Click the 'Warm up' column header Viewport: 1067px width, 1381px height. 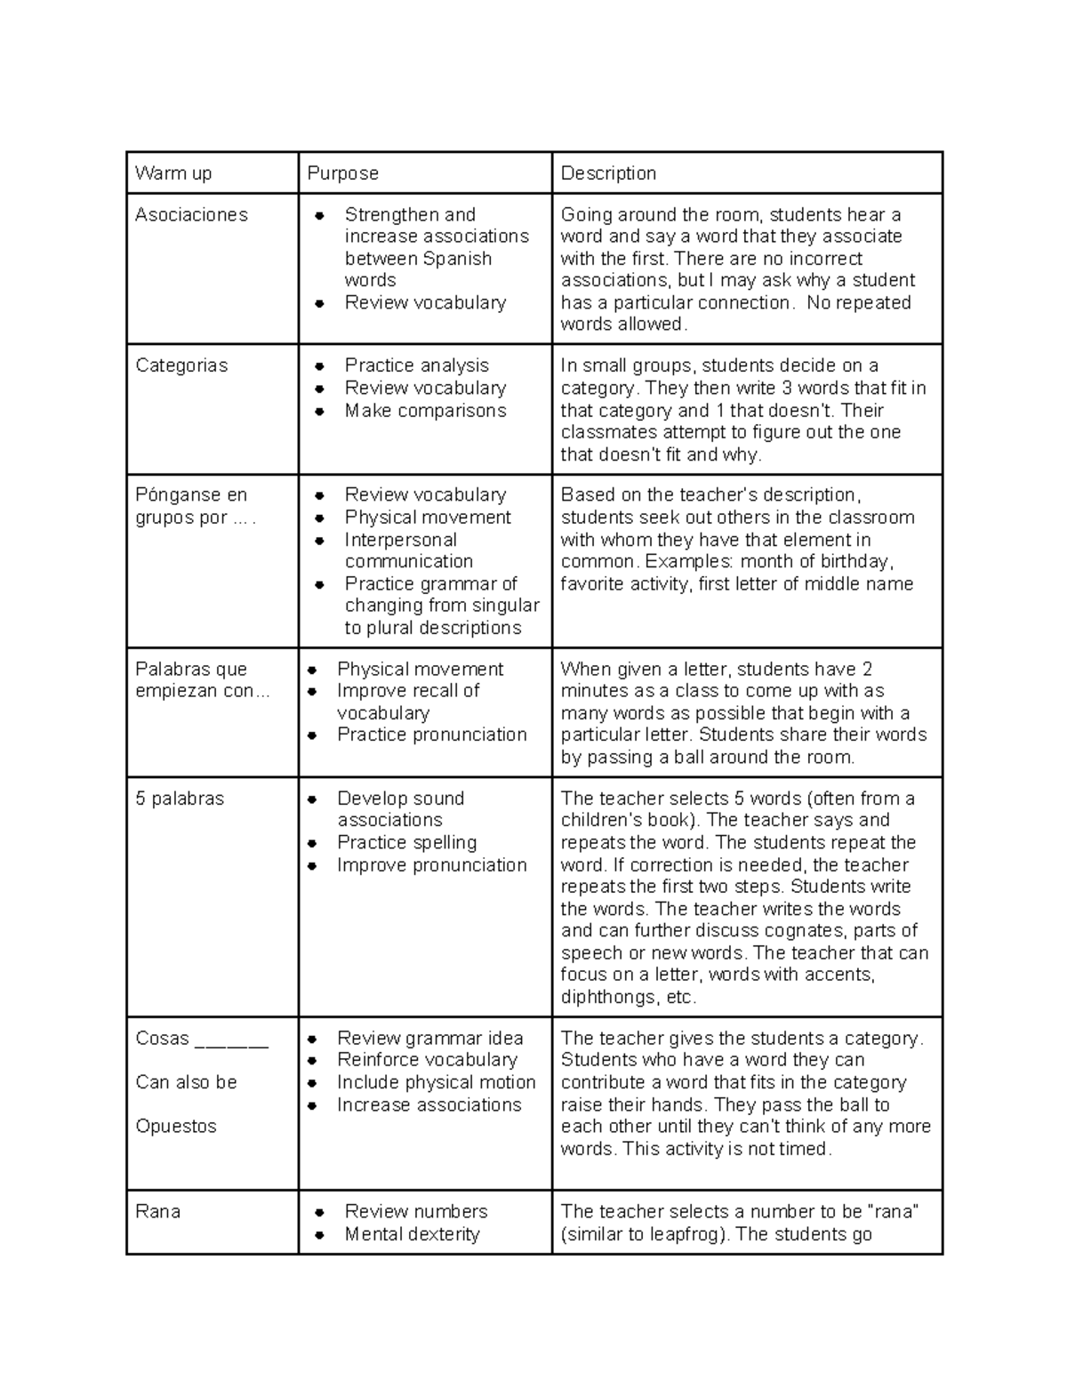[173, 173]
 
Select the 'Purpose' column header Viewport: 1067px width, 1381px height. [342, 173]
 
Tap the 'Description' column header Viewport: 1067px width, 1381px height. [608, 173]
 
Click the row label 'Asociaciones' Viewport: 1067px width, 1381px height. [191, 214]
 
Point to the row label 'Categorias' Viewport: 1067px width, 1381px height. [181, 365]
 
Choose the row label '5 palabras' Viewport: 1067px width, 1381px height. [180, 799]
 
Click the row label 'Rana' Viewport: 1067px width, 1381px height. [157, 1211]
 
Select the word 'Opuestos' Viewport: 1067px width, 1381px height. [176, 1126]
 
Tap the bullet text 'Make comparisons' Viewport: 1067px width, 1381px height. [425, 411]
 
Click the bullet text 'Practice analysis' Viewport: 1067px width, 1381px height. [416, 365]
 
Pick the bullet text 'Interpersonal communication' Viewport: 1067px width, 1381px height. [408, 550]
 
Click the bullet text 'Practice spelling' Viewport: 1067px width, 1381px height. [406, 842]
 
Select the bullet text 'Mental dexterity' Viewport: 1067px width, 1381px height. [412, 1234]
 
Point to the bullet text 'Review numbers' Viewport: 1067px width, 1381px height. [415, 1211]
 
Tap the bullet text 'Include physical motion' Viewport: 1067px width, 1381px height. [436, 1082]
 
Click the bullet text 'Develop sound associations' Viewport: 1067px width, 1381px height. [399, 809]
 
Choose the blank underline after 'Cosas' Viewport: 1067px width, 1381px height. [230, 1040]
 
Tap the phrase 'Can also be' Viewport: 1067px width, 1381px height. [186, 1082]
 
